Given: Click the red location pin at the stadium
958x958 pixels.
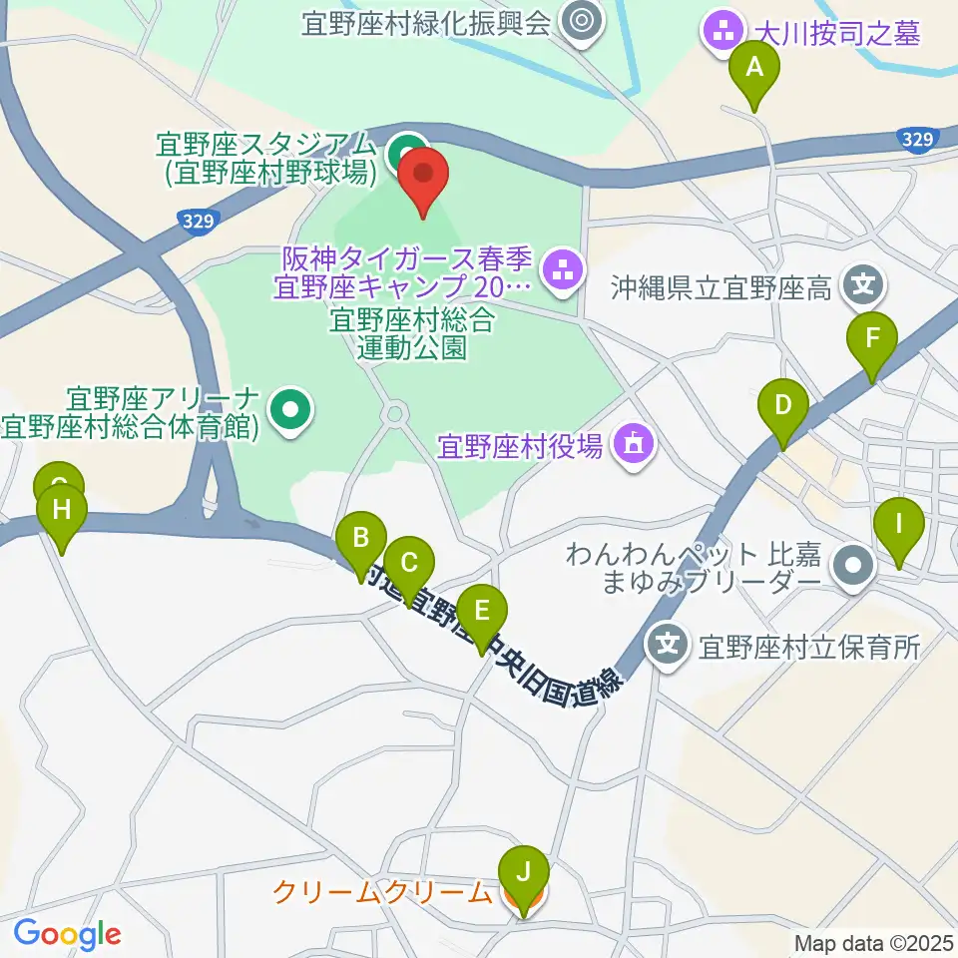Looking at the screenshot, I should (x=423, y=177).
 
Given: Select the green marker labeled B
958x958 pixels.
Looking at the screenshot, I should (x=361, y=541).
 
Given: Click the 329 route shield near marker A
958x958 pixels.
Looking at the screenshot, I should (x=916, y=141).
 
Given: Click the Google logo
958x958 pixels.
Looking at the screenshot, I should (x=67, y=934).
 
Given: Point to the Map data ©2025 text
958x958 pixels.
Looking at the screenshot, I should (x=873, y=942).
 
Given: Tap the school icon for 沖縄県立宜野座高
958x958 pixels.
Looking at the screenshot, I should (x=861, y=287).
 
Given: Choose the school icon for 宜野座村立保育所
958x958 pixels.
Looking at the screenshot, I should (x=668, y=642).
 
